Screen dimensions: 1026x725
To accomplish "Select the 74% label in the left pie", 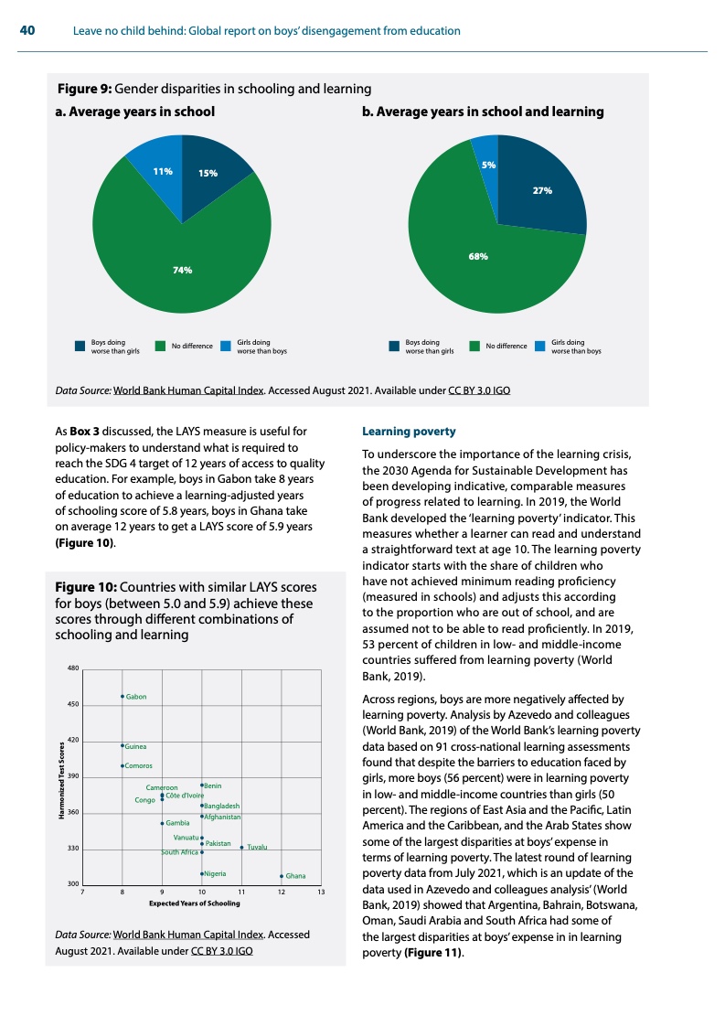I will pyautogui.click(x=183, y=270).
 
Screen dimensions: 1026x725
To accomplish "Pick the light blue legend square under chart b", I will pyautogui.click(x=540, y=346).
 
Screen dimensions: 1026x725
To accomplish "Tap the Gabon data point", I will pyautogui.click(x=123, y=697).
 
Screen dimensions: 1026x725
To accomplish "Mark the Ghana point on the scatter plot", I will pyautogui.click(x=282, y=876).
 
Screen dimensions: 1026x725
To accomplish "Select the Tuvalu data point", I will pyautogui.click(x=241, y=848).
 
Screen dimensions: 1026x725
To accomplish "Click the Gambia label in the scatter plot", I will pyautogui.click(x=177, y=823).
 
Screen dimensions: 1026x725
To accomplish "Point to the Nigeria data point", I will pyautogui.click(x=202, y=873).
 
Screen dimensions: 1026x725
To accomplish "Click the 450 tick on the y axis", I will pyautogui.click(x=73, y=704).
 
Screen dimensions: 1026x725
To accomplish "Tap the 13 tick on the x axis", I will pyautogui.click(x=321, y=892).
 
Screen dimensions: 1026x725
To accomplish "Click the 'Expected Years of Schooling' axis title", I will pyautogui.click(x=194, y=903).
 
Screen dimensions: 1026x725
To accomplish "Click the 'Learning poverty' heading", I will pyautogui.click(x=395, y=430).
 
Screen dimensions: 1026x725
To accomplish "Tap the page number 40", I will pyautogui.click(x=27, y=31).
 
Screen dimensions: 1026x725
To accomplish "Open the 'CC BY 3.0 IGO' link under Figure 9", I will pyautogui.click(x=479, y=390).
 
